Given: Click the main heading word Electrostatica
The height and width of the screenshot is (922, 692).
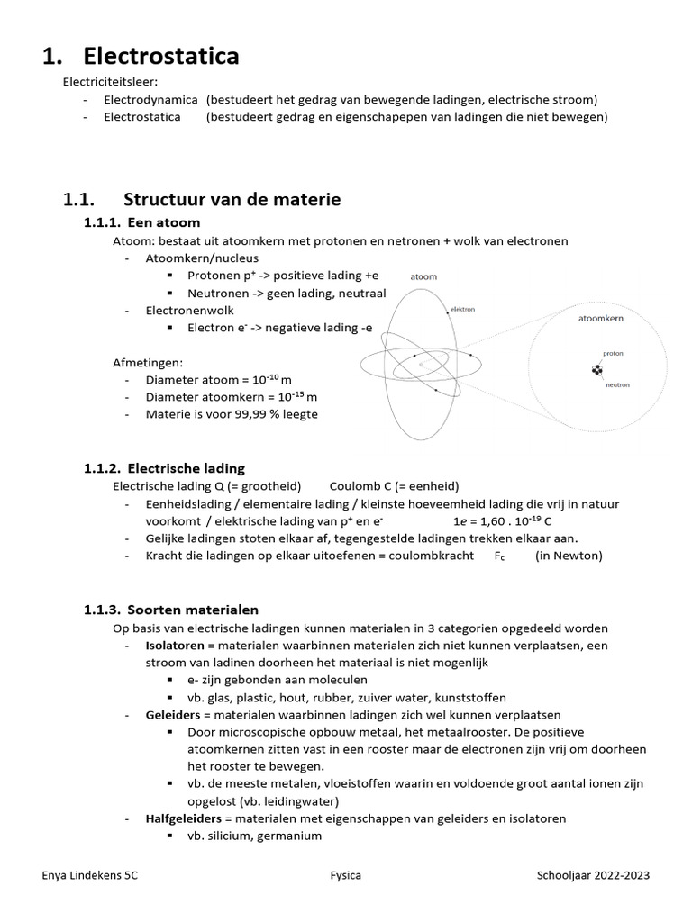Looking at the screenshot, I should tap(161, 56).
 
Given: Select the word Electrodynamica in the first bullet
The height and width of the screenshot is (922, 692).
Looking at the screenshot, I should tap(150, 100).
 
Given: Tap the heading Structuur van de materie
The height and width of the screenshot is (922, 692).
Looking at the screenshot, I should tap(232, 199).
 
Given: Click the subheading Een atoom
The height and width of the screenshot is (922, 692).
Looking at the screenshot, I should tap(164, 222).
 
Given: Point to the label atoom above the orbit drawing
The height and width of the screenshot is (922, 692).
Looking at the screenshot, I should tap(423, 277).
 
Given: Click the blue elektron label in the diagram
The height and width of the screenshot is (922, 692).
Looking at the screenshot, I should tap(462, 309).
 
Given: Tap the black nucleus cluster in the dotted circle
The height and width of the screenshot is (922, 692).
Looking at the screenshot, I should tap(596, 370).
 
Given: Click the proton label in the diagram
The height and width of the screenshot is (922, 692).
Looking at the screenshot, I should tap(613, 354).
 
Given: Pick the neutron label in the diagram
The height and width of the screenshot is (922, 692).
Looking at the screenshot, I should tap(617, 384).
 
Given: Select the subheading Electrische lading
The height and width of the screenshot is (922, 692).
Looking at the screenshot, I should tap(186, 468).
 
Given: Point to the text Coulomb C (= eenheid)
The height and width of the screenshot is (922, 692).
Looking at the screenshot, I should tap(394, 485).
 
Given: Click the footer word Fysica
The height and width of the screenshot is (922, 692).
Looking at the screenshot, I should tap(346, 875).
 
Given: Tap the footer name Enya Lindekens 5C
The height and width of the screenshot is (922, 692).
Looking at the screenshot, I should tap(90, 875).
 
